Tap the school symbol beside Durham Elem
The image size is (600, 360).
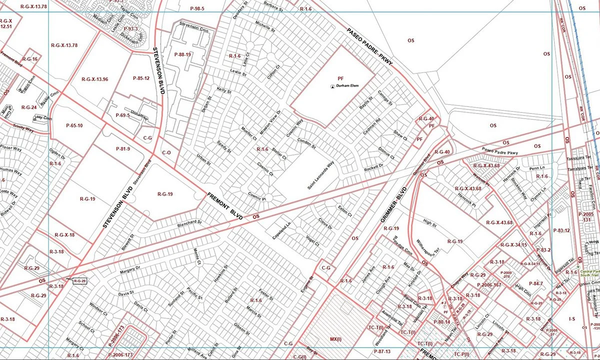[332, 86]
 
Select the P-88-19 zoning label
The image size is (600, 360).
[183, 54]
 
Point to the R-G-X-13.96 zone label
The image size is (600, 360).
[94, 79]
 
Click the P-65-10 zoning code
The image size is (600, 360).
[74, 125]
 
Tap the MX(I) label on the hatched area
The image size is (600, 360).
[335, 339]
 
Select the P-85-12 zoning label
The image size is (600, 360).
[141, 78]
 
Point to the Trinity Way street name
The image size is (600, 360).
[23, 128]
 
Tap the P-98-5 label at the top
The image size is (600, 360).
[197, 9]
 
